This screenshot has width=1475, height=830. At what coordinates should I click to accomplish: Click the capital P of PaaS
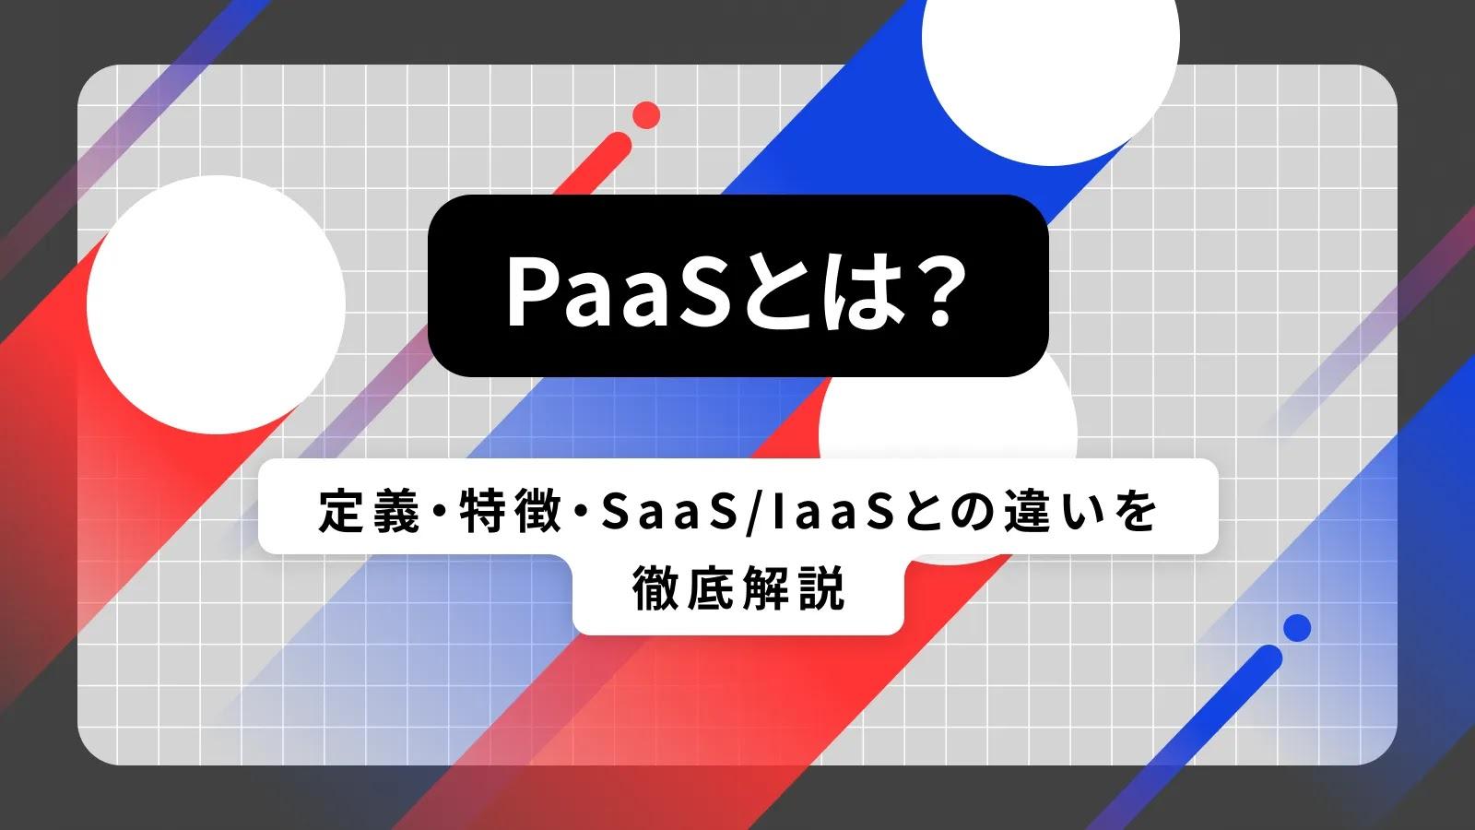(x=533, y=290)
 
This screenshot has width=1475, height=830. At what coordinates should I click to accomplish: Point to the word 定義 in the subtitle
(x=370, y=511)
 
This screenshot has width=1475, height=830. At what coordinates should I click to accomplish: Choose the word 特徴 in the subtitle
(x=511, y=511)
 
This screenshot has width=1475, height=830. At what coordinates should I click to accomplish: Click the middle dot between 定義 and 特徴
(x=440, y=511)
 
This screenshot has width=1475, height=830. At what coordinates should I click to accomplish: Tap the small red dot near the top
(x=646, y=115)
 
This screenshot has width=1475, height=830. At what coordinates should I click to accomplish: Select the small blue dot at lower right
(x=1297, y=628)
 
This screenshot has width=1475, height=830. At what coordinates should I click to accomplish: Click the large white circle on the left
(x=216, y=304)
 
